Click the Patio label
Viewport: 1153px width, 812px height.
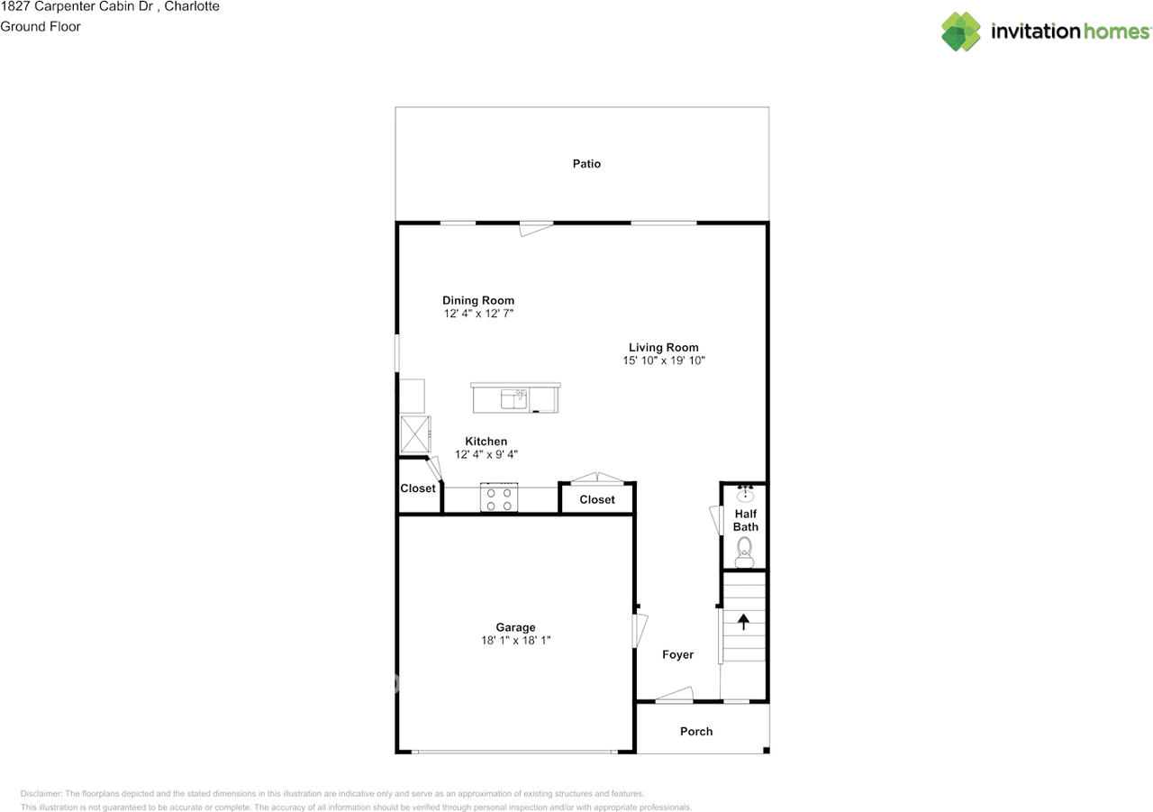[x=586, y=164]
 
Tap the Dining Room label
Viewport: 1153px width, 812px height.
[x=478, y=301]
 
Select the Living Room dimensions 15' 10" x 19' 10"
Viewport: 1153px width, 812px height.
[x=663, y=360]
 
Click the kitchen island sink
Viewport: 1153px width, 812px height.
[x=514, y=398]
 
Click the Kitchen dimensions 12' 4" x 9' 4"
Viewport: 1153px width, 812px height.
[x=486, y=455]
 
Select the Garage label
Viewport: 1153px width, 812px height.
[x=515, y=627]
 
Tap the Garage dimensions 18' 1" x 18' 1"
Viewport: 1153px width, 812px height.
[x=515, y=641]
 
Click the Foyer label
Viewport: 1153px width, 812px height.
[x=677, y=655]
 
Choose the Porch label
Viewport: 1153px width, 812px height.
[x=696, y=732]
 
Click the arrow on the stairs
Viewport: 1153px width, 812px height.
[x=744, y=621]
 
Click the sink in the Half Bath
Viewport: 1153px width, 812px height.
[x=745, y=494]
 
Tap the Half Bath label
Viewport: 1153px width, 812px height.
[x=745, y=520]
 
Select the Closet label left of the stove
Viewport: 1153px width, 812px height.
[x=418, y=488]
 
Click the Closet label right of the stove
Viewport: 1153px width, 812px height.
[x=597, y=499]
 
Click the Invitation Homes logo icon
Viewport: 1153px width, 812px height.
[x=961, y=32]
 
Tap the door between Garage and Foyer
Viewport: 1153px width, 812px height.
[x=640, y=628]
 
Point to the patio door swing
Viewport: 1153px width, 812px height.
[x=536, y=230]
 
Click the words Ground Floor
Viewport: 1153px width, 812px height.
[x=41, y=26]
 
